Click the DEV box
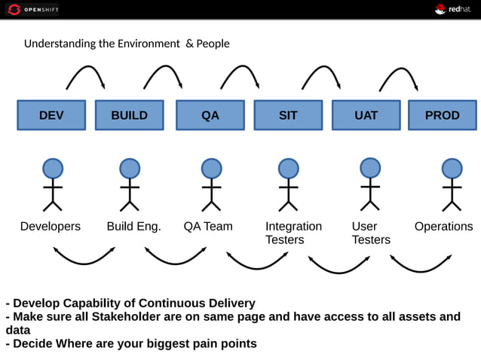51,115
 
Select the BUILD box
129,115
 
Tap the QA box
210,115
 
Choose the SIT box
288,115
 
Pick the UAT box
366,115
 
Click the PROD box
442,115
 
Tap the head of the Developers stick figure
52,169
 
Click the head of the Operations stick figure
452,169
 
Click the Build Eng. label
133,226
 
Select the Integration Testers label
293,233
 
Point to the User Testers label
371,233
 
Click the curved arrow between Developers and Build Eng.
84,258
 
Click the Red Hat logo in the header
452,9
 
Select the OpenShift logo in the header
32,9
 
